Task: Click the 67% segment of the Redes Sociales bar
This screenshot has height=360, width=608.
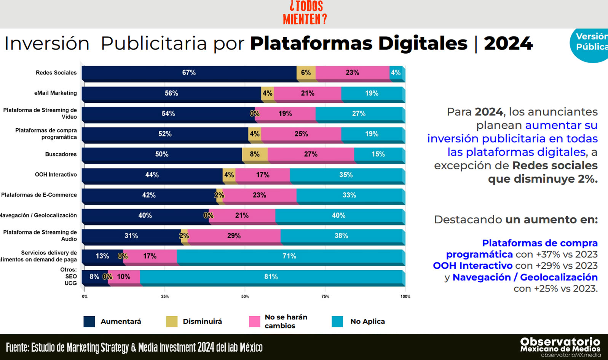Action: [189, 73]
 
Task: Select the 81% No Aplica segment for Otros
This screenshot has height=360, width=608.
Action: [271, 277]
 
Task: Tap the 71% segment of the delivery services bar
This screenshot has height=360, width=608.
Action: [289, 256]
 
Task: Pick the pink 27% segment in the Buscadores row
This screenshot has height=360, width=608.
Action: [311, 154]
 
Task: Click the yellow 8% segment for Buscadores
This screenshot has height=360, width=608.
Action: [255, 154]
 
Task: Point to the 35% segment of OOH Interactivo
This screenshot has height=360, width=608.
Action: [346, 175]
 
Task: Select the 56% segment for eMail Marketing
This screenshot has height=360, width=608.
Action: [171, 93]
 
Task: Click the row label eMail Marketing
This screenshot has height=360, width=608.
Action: [56, 93]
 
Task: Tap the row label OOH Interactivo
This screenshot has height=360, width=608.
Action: [56, 174]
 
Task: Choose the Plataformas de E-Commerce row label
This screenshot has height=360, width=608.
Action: [39, 195]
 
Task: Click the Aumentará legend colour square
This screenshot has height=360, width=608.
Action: [89, 322]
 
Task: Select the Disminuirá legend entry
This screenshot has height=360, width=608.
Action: [202, 322]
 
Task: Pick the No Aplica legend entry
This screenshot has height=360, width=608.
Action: [367, 322]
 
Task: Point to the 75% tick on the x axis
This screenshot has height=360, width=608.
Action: [325, 296]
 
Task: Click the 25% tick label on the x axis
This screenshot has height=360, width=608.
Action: [165, 296]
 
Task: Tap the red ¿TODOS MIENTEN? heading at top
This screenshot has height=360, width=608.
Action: [305, 13]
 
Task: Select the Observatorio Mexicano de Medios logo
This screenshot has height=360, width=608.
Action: [560, 346]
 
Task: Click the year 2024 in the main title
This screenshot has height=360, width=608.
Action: [508, 43]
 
